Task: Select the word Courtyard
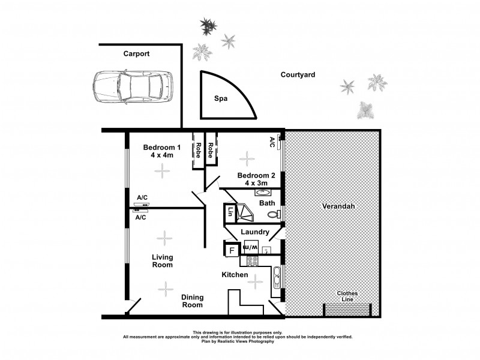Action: (x=298, y=75)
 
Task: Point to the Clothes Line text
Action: (x=347, y=296)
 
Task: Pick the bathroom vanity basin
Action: (x=262, y=193)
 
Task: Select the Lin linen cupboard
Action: (x=230, y=212)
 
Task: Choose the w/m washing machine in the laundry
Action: (x=251, y=247)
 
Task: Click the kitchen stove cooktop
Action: (x=250, y=261)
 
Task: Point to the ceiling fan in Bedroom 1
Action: (x=161, y=170)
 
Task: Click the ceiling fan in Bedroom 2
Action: (x=246, y=159)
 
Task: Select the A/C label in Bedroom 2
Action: (x=272, y=142)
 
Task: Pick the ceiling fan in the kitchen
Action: (x=256, y=281)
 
